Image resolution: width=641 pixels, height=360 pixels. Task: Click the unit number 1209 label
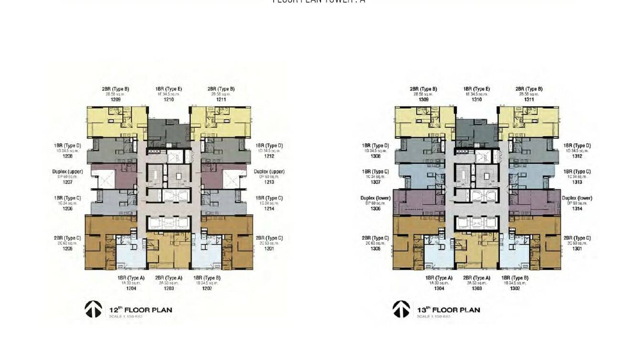pos(115,100)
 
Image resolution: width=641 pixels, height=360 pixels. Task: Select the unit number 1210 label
pos(169,100)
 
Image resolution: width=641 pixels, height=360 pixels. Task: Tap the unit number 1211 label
pos(221,100)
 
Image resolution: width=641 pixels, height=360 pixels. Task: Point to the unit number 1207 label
pos(67,182)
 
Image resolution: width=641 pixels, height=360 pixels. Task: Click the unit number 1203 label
pos(169,288)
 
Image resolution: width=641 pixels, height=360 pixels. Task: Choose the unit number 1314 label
pos(577,209)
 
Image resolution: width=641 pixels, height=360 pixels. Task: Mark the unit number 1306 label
pos(375,209)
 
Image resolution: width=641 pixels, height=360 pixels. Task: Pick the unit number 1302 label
pos(514,288)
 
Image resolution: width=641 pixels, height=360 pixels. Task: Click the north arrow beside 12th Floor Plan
pos(93,309)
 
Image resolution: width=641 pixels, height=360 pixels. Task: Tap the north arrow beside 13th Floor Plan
pos(401,309)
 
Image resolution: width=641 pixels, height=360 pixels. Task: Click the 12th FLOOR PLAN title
pos(140,310)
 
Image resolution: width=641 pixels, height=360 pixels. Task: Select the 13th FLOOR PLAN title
pos(449,310)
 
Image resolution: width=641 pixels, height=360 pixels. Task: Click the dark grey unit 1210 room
pos(165,131)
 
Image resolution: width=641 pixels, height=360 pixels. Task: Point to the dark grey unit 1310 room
pos(473,131)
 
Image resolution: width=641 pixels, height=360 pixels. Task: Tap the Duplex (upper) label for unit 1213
pos(269,171)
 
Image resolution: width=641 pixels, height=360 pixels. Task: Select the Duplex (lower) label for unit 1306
pos(375,198)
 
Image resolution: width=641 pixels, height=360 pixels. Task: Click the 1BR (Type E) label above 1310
pos(476,89)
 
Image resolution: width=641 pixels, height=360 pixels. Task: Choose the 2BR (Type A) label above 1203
pos(169,278)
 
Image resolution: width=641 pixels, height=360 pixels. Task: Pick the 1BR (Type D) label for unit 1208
pos(67,146)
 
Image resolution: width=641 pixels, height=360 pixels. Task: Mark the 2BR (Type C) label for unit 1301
pos(577,238)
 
